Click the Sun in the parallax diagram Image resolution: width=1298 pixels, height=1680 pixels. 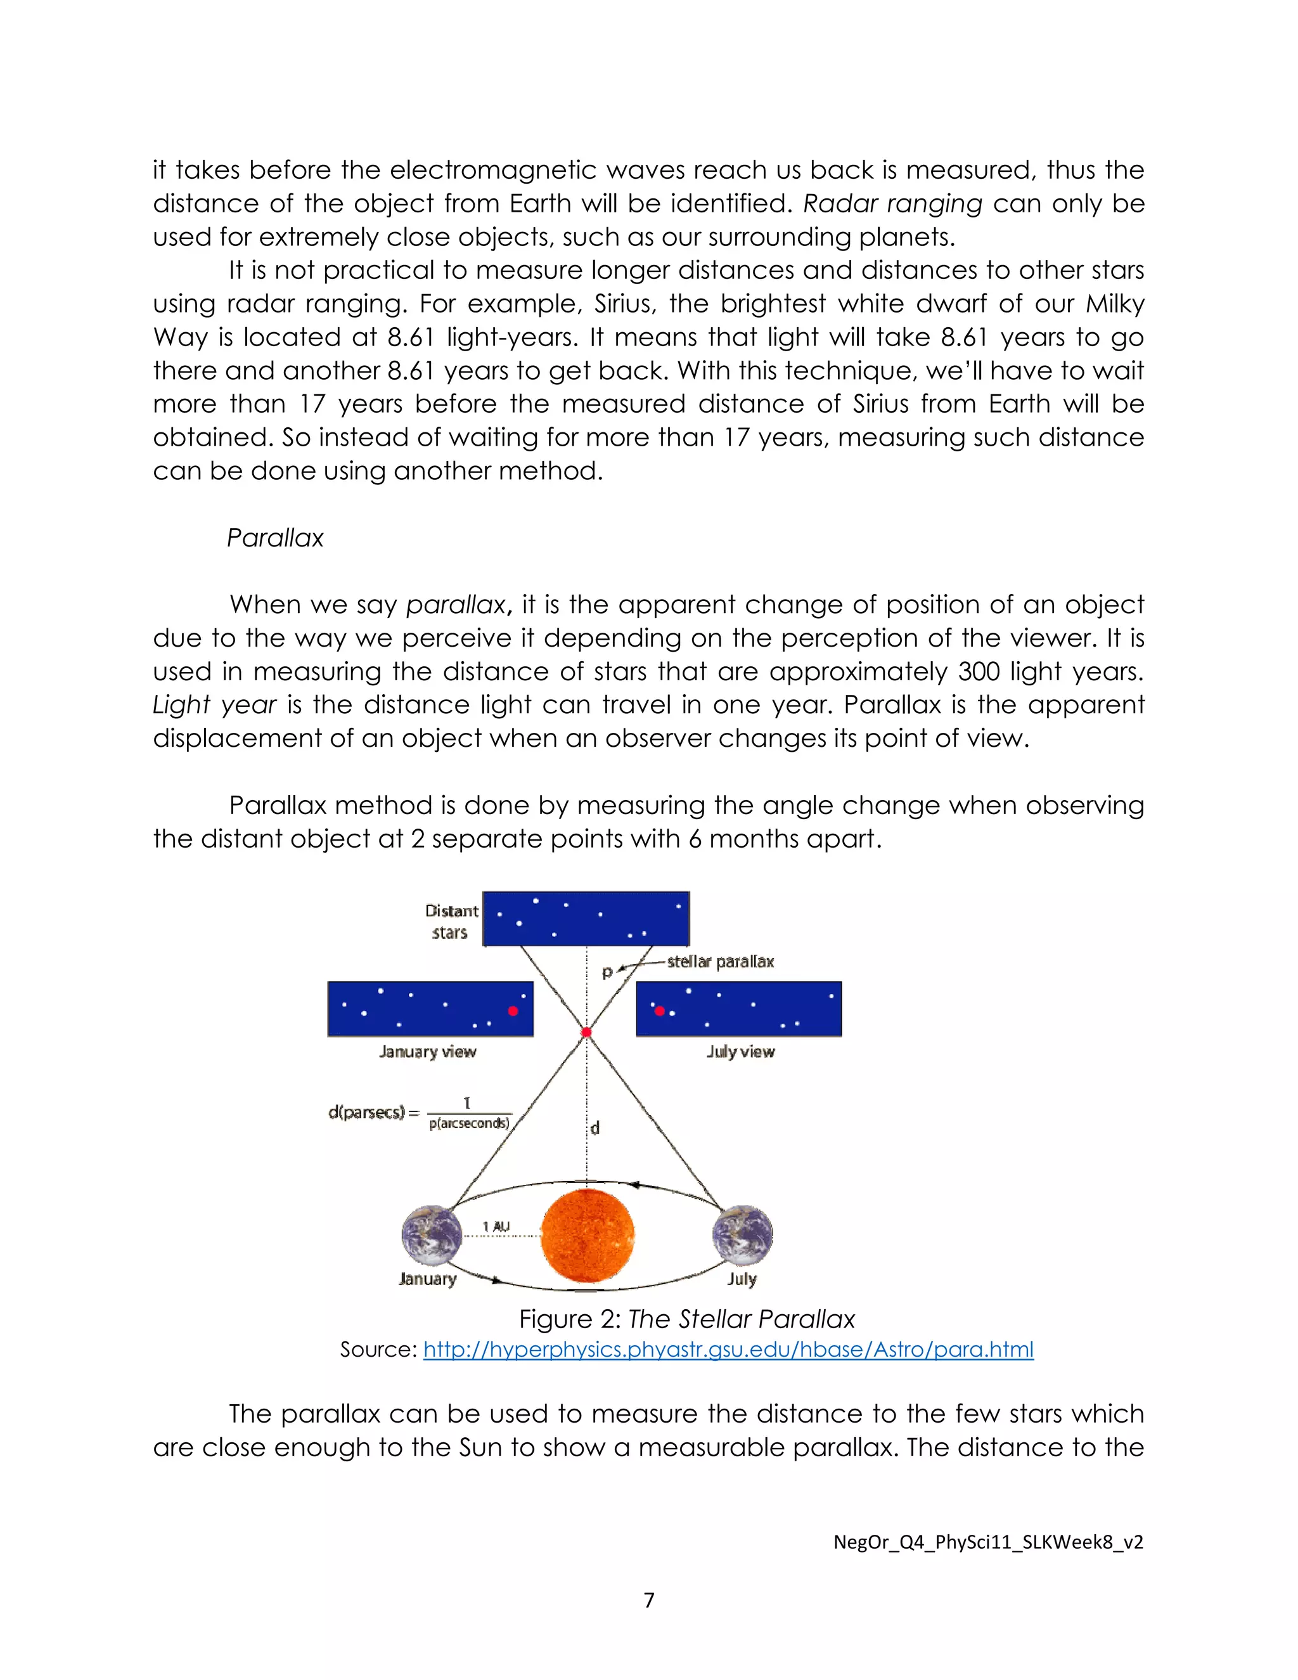click(588, 1236)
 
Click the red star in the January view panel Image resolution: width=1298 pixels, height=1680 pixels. click(513, 1011)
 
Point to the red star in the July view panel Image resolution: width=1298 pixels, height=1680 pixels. click(659, 1011)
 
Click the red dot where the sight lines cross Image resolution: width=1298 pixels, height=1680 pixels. click(587, 1032)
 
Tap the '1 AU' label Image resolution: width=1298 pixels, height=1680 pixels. click(496, 1226)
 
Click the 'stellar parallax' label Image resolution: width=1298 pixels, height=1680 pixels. click(720, 962)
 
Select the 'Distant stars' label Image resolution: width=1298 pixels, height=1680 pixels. click(451, 922)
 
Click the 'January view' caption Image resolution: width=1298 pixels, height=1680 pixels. click(428, 1052)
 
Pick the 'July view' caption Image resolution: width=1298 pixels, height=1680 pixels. click(740, 1052)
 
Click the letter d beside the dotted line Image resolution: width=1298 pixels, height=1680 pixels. click(594, 1128)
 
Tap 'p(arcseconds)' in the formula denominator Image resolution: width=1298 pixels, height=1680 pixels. click(469, 1123)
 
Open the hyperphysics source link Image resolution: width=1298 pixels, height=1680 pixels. click(728, 1349)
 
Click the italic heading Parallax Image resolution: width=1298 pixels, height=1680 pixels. click(275, 538)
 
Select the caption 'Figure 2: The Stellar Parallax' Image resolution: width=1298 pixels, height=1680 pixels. click(686, 1319)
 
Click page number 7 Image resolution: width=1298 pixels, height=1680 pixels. click(649, 1600)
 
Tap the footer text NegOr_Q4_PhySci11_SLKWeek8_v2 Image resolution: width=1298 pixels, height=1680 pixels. click(988, 1542)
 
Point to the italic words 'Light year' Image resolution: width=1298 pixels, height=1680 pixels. click(215, 704)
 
